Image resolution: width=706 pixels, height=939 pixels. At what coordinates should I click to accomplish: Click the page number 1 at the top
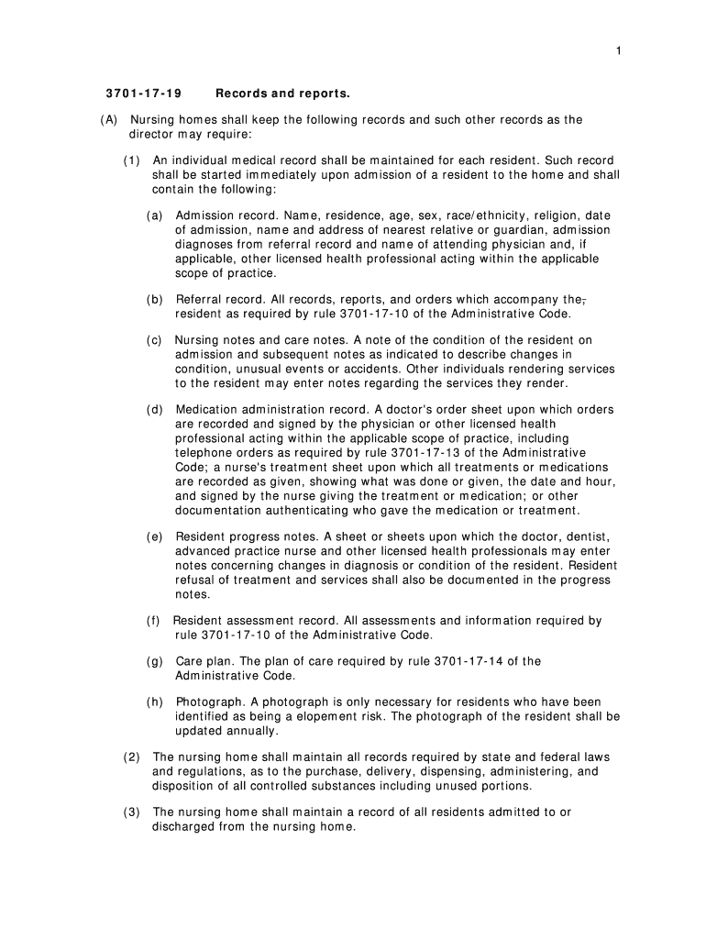(619, 50)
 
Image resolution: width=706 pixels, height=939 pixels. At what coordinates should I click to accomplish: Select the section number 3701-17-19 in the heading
(143, 94)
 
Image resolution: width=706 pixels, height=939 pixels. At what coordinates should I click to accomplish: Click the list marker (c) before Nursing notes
(155, 340)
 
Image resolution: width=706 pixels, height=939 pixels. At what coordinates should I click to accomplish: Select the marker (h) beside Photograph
(155, 701)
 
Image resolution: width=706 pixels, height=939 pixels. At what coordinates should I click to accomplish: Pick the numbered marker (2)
(132, 757)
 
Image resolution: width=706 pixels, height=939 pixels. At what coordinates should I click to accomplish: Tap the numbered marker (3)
(132, 812)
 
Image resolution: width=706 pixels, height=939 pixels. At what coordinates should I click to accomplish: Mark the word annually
(252, 731)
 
